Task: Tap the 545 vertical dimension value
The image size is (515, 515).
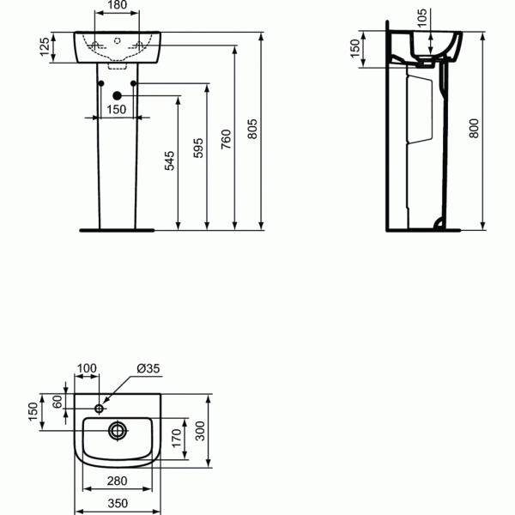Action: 169,161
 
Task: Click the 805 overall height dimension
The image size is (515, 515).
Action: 252,129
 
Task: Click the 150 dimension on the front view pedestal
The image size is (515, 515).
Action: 118,109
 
